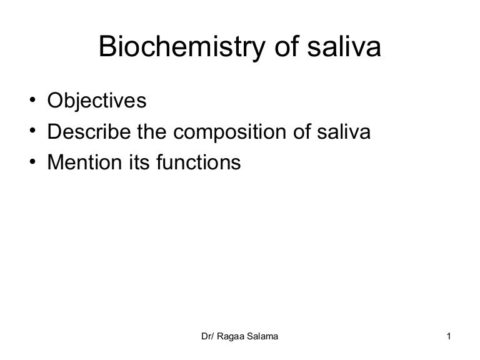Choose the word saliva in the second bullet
click(350, 132)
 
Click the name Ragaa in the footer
click(232, 339)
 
